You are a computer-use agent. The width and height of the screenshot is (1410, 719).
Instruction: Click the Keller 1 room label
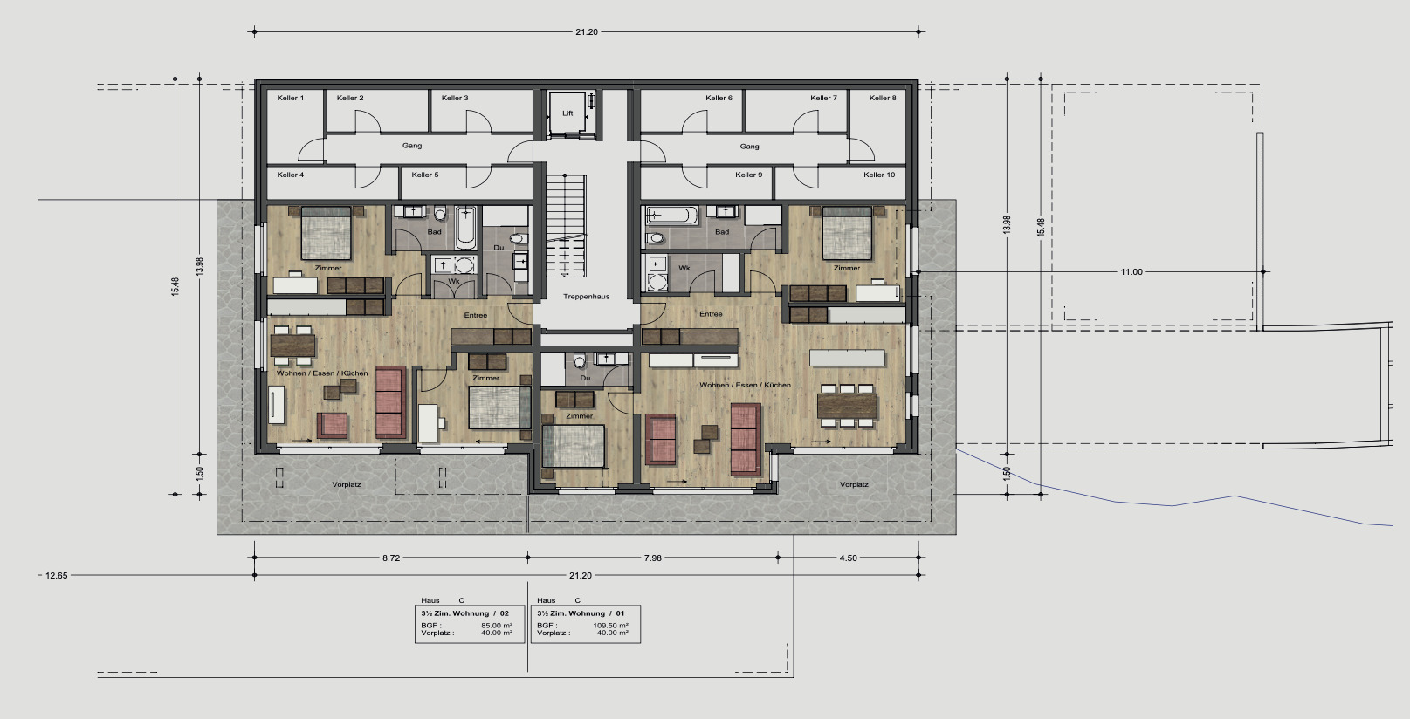291,99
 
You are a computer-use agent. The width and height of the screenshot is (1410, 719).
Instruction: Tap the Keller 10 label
879,175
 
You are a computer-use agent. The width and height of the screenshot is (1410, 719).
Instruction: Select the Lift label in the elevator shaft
568,113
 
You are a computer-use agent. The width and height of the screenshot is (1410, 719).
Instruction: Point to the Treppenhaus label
587,297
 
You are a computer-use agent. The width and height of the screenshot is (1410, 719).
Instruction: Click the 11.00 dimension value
1131,272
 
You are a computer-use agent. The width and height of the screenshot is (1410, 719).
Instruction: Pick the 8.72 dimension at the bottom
391,558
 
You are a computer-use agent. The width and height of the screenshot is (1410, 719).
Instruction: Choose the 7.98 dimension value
652,558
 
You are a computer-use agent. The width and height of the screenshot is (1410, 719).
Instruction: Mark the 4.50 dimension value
848,558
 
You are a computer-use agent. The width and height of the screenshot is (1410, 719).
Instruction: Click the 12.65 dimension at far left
56,576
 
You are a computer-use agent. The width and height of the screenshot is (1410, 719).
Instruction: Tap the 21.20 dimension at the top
587,32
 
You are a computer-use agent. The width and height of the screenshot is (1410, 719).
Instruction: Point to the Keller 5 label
425,175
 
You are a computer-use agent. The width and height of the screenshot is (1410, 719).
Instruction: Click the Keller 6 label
719,99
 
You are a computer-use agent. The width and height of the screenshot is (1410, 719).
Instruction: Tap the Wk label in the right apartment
684,268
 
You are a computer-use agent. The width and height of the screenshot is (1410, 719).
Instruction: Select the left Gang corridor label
412,147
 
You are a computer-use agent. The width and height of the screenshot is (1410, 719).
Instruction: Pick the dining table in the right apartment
847,406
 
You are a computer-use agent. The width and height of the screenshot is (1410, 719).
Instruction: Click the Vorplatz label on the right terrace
854,485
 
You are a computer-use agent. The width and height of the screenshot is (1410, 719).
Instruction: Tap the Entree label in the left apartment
476,315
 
